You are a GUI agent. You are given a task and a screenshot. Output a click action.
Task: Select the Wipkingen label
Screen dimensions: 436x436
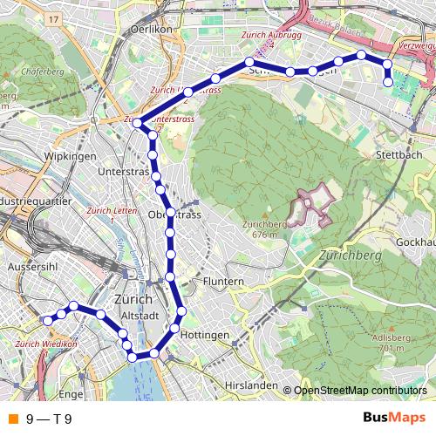pyautogui.click(x=66, y=156)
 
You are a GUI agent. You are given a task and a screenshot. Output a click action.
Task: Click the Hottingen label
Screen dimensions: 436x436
pyautogui.click(x=206, y=335)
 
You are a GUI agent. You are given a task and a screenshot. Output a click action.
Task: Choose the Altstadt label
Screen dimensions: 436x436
pyautogui.click(x=139, y=315)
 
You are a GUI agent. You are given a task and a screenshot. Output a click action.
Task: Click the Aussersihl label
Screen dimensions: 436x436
pyautogui.click(x=32, y=266)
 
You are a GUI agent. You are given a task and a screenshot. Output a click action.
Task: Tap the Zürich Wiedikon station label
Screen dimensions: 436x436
pyautogui.click(x=42, y=343)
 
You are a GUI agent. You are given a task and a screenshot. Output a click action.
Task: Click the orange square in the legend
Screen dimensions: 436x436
pyautogui.click(x=11, y=419)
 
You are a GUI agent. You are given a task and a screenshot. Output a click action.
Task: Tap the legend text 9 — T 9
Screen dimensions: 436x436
pyautogui.click(x=48, y=419)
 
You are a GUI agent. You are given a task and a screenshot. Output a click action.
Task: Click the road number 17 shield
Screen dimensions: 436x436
pyautogui.click(x=55, y=18)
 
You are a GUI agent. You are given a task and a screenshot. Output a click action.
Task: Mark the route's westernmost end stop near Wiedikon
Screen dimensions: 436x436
pyautogui.click(x=47, y=320)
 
